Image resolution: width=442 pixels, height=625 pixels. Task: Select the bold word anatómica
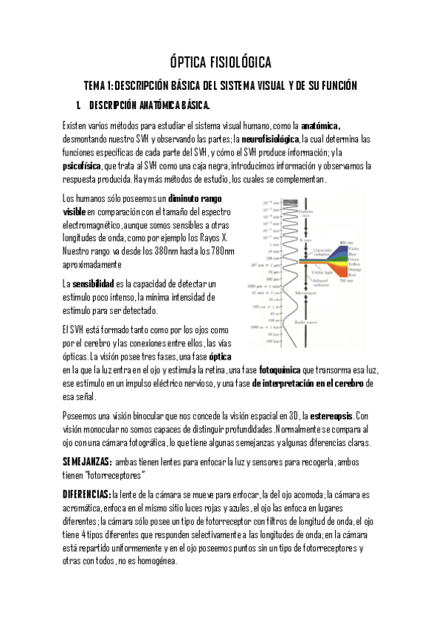tap(320, 125)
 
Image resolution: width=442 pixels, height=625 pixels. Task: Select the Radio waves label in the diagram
tap(305, 322)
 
